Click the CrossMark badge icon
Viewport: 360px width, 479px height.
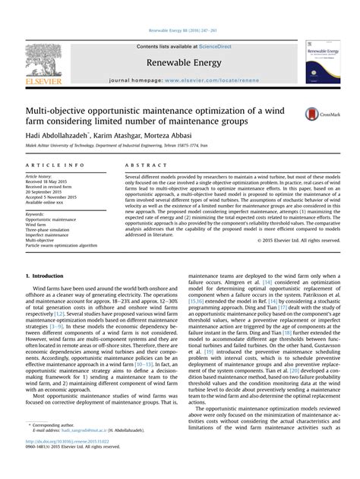[x=317, y=114]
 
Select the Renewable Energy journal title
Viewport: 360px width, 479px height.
[x=179, y=61]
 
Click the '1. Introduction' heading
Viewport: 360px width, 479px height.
[x=50, y=275]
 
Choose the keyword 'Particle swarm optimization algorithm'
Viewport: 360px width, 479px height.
[x=62, y=246]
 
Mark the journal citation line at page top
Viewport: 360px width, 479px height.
[x=179, y=31]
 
